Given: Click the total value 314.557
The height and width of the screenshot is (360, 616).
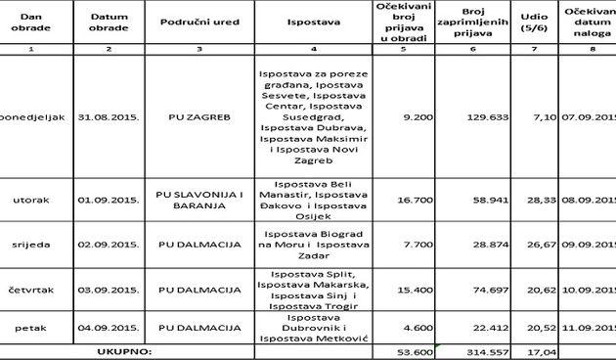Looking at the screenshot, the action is coord(451,349).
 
